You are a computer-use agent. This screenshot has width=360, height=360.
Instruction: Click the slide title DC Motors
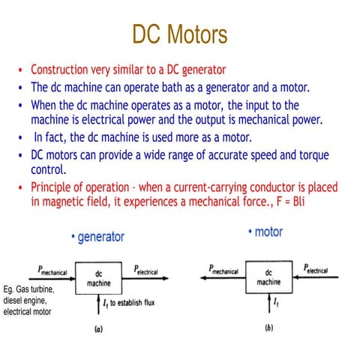[x=179, y=35]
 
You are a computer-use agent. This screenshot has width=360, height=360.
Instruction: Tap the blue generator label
[x=97, y=237]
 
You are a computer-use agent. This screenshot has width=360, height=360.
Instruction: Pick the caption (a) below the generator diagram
[x=97, y=328]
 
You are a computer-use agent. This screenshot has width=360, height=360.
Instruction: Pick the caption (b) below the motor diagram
[x=269, y=328]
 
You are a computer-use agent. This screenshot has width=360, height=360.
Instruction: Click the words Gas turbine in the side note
[x=37, y=289]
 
